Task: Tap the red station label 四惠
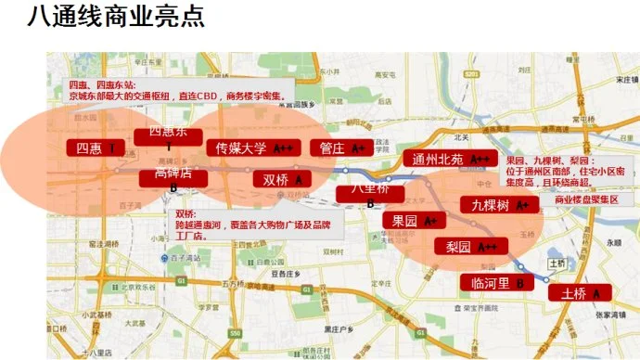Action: [96, 148]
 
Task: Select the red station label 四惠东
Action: [168, 135]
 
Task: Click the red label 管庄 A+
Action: [339, 148]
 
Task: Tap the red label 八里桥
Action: [368, 190]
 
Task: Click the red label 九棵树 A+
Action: [499, 204]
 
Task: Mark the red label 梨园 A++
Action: [471, 247]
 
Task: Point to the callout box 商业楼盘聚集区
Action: [587, 199]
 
